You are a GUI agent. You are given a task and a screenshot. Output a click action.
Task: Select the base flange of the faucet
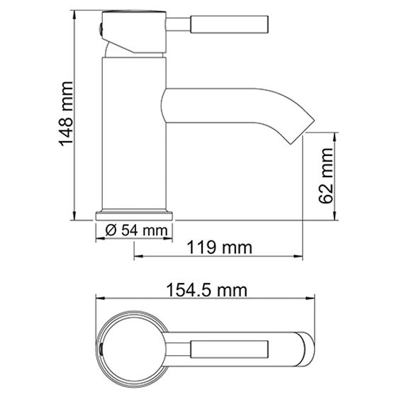135,214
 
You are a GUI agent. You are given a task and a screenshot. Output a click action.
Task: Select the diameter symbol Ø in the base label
109,230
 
